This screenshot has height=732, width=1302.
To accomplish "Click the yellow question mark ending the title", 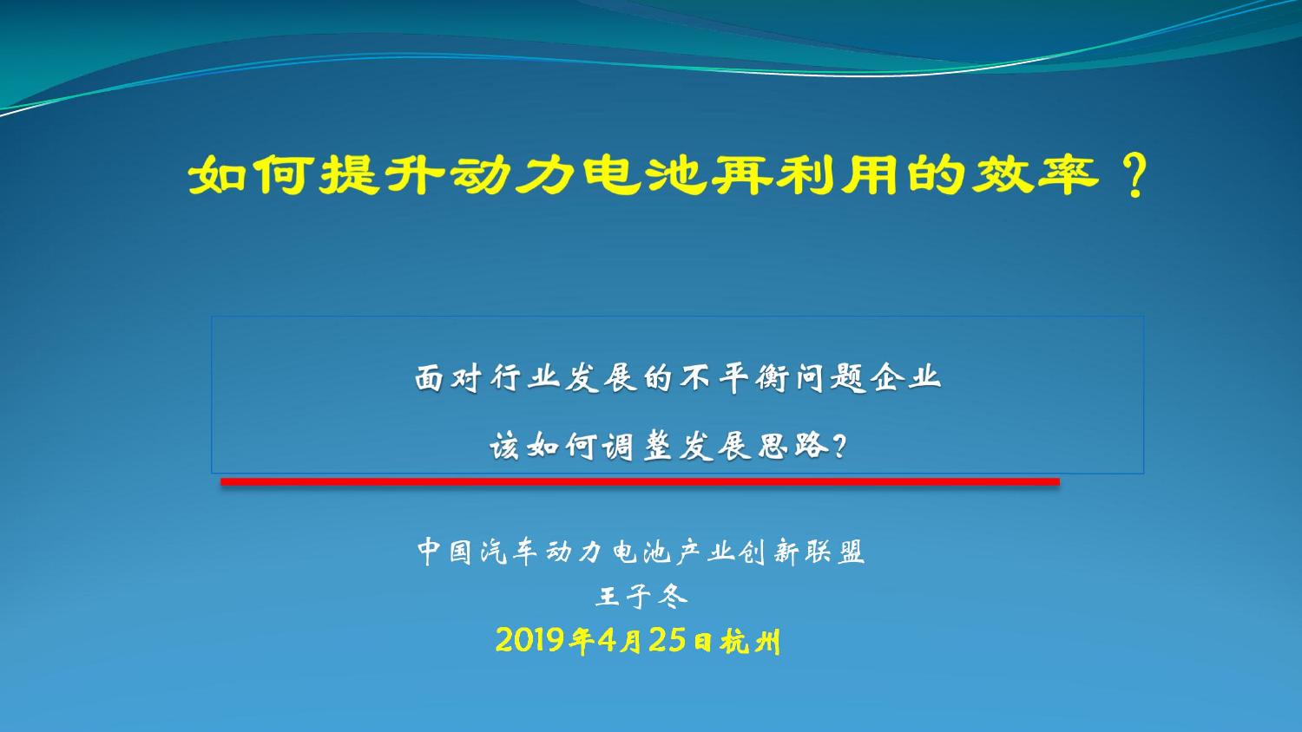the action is [1134, 175].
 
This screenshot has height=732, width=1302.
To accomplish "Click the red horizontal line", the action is [640, 481].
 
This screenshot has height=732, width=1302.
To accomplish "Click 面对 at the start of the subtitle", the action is [448, 379].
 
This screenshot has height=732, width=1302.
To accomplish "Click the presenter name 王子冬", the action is [641, 596].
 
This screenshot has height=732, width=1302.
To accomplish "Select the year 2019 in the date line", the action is [530, 641].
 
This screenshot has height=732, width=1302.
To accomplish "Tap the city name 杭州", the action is [750, 642].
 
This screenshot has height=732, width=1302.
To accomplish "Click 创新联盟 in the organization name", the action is [802, 552].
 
